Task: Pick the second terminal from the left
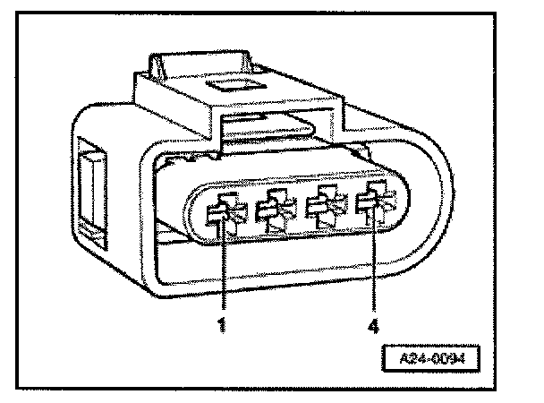click(x=272, y=214)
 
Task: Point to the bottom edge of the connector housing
click(x=268, y=300)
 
